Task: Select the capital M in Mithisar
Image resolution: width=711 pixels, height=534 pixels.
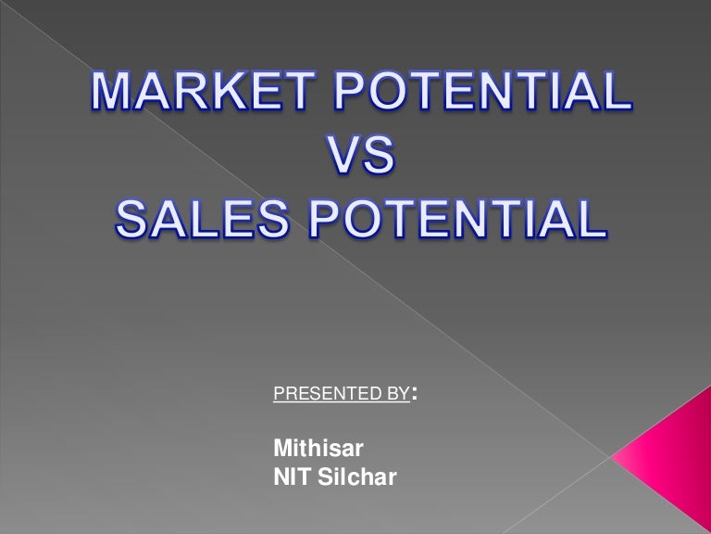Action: tap(281, 449)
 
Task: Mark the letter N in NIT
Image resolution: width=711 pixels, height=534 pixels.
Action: tap(281, 478)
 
